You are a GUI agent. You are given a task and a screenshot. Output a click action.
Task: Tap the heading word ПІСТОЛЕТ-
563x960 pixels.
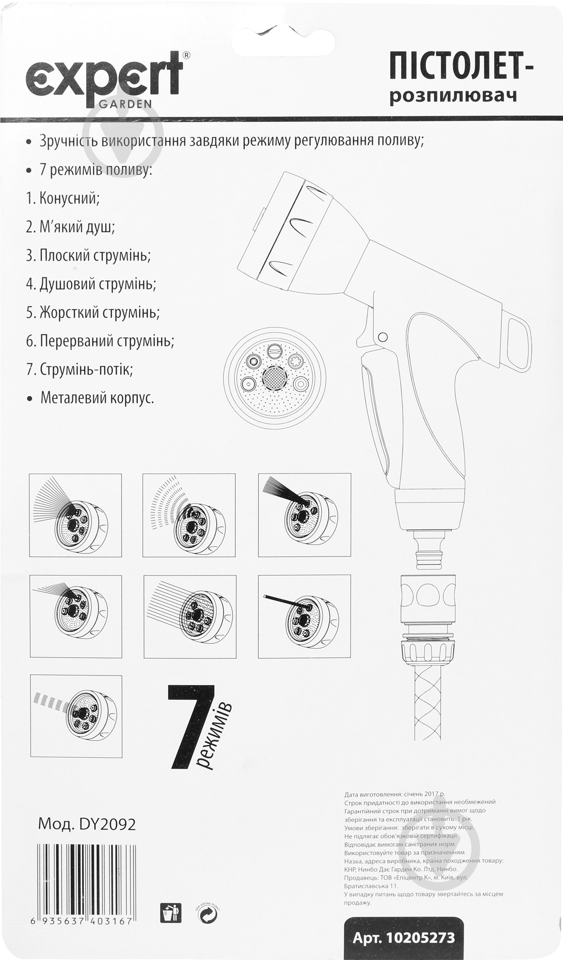click(x=461, y=68)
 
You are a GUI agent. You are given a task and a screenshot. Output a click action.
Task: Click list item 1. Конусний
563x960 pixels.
click(x=63, y=198)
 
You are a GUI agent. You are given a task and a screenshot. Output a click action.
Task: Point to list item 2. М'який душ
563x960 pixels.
click(x=70, y=227)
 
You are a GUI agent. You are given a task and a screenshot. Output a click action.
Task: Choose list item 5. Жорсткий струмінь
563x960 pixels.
click(x=93, y=312)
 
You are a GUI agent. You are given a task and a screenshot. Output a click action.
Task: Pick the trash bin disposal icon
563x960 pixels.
click(x=167, y=913)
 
